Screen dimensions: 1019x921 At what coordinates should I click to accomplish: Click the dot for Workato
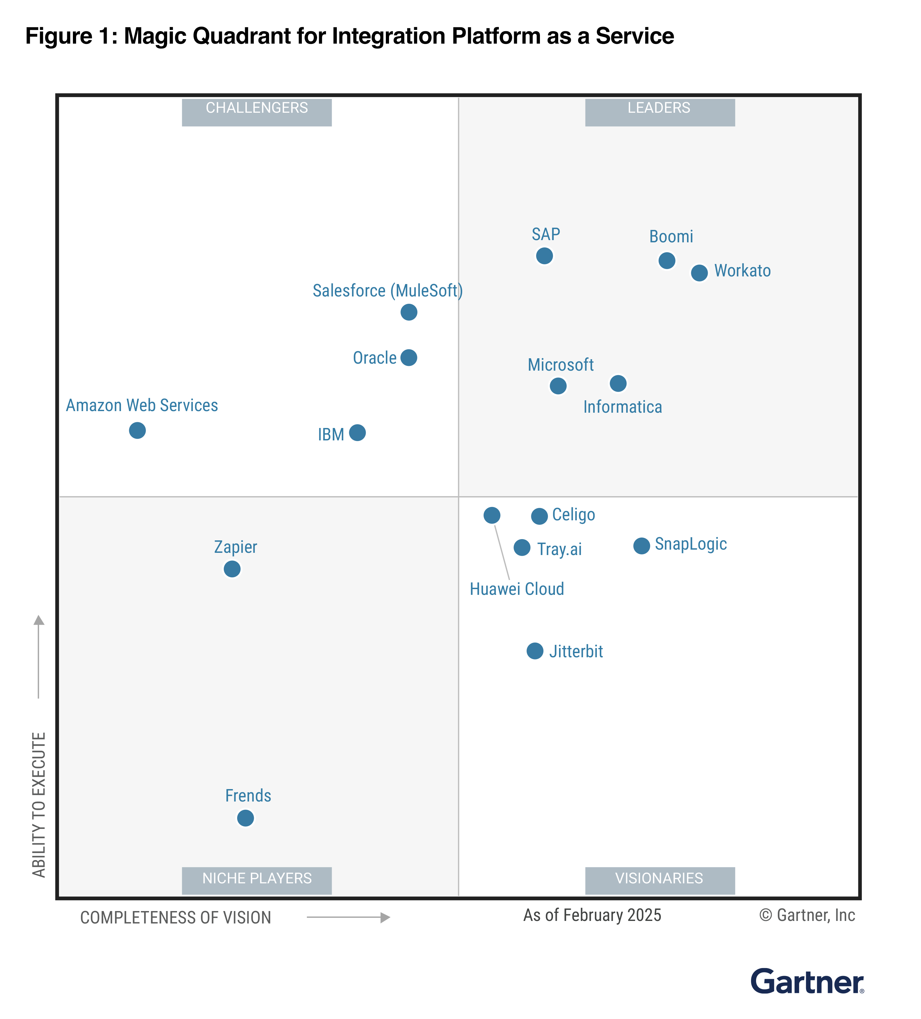point(699,273)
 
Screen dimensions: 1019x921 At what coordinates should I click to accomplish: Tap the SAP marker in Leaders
point(544,256)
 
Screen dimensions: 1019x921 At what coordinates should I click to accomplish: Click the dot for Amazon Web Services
point(138,431)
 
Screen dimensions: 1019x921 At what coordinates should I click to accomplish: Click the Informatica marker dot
point(618,384)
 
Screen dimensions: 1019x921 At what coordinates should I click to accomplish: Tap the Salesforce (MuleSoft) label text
point(387,291)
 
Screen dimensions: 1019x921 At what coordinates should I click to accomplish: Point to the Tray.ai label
point(559,549)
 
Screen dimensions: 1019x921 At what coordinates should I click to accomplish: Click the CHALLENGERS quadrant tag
point(257,109)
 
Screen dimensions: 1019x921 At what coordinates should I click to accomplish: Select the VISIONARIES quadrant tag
point(659,879)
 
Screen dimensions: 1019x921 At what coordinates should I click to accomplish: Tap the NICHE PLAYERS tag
point(257,879)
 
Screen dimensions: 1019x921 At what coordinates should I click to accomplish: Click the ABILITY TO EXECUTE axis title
point(39,805)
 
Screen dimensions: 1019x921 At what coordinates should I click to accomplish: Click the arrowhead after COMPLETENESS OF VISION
point(386,917)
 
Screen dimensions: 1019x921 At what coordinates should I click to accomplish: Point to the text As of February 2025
point(592,916)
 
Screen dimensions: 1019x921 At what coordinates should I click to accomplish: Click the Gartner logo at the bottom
point(807,982)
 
